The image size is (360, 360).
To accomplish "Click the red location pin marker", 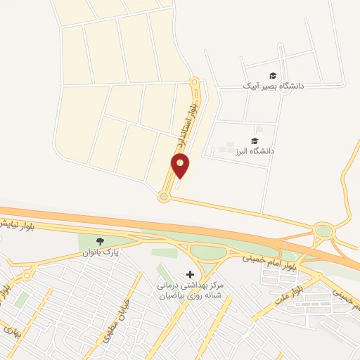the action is pos(181,165).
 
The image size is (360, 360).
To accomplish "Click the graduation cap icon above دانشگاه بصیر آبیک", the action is pos(272,75).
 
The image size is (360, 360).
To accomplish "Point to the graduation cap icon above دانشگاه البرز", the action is pos(254,141).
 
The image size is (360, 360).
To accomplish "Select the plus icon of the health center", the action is pos(188,274).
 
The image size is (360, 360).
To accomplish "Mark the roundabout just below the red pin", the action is pos(164,197).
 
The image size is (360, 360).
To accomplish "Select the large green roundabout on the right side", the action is pos(323,230).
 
